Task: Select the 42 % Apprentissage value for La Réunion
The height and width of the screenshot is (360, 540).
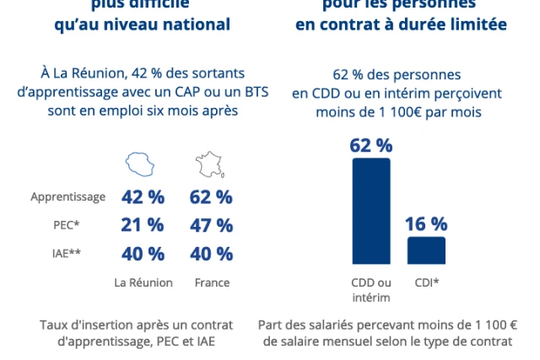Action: tap(143, 197)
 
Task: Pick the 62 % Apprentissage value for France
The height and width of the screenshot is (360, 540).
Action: tap(212, 197)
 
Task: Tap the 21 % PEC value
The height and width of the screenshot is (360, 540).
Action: tap(143, 225)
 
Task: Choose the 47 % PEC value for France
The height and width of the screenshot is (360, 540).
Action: tap(212, 225)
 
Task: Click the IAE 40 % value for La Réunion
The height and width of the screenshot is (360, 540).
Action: tap(143, 253)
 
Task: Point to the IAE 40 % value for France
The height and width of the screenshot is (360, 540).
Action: tap(212, 253)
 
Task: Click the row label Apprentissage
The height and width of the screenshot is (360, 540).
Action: tap(68, 197)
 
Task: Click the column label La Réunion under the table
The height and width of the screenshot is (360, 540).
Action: tap(143, 283)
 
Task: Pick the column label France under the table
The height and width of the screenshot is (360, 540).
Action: tap(212, 283)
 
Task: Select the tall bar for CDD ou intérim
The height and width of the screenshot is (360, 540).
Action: tap(371, 211)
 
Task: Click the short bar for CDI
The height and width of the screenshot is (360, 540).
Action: tap(426, 250)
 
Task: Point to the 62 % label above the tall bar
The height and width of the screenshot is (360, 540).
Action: tap(371, 145)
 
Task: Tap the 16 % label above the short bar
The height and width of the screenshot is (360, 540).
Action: tap(426, 224)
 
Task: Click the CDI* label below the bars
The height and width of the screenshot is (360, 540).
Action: tap(427, 282)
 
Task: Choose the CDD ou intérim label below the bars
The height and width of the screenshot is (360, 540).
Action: tap(371, 289)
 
